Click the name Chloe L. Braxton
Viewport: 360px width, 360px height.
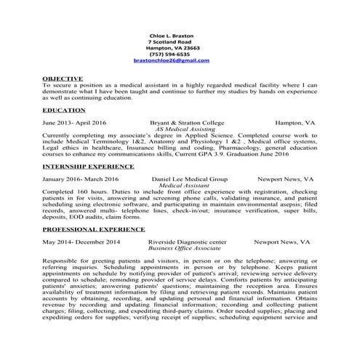168,35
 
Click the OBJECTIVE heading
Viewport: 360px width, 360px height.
63,77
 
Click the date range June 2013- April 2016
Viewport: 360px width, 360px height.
74,123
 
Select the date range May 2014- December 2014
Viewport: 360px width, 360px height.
80,241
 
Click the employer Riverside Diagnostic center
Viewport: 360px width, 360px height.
187,241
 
